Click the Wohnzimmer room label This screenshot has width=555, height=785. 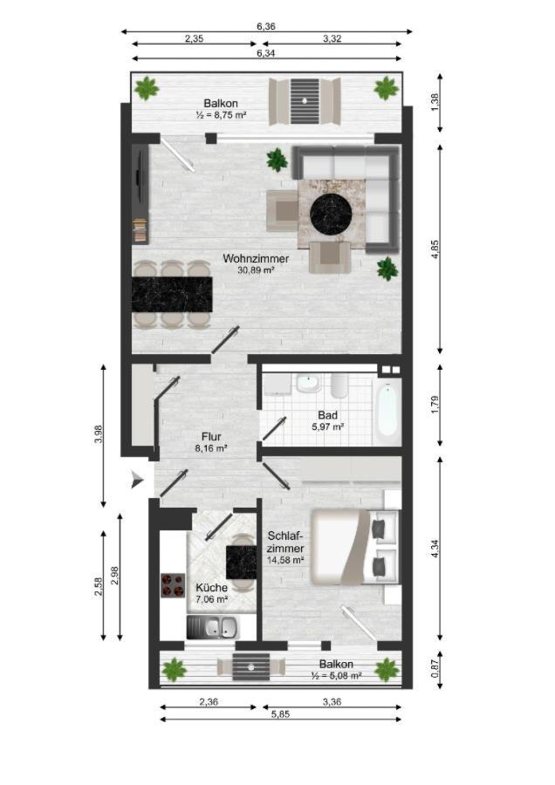pos(256,259)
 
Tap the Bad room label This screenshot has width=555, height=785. pos(327,415)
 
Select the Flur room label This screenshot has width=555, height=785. pos(211,437)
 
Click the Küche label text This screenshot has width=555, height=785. pos(211,588)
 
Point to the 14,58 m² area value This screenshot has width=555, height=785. pos(285,560)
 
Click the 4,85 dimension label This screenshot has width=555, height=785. pos(435,249)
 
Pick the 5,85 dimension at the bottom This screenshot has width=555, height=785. pos(280,713)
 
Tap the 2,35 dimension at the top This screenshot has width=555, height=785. pos(194,38)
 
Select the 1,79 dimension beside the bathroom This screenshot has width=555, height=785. pos(435,405)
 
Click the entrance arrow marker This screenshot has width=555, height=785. pos(137,480)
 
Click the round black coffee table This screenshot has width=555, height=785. pos(331,213)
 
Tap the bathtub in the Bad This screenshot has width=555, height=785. pos(387,411)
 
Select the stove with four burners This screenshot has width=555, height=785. pos(172,584)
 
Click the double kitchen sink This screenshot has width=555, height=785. pos(212,627)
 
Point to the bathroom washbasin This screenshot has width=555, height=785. pos(307,384)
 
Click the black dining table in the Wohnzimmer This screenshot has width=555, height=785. pos(172,294)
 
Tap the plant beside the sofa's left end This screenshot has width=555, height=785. pos(277,160)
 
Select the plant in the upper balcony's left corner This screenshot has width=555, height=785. pos(147,89)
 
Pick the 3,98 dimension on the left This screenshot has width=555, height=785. pos(99,433)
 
